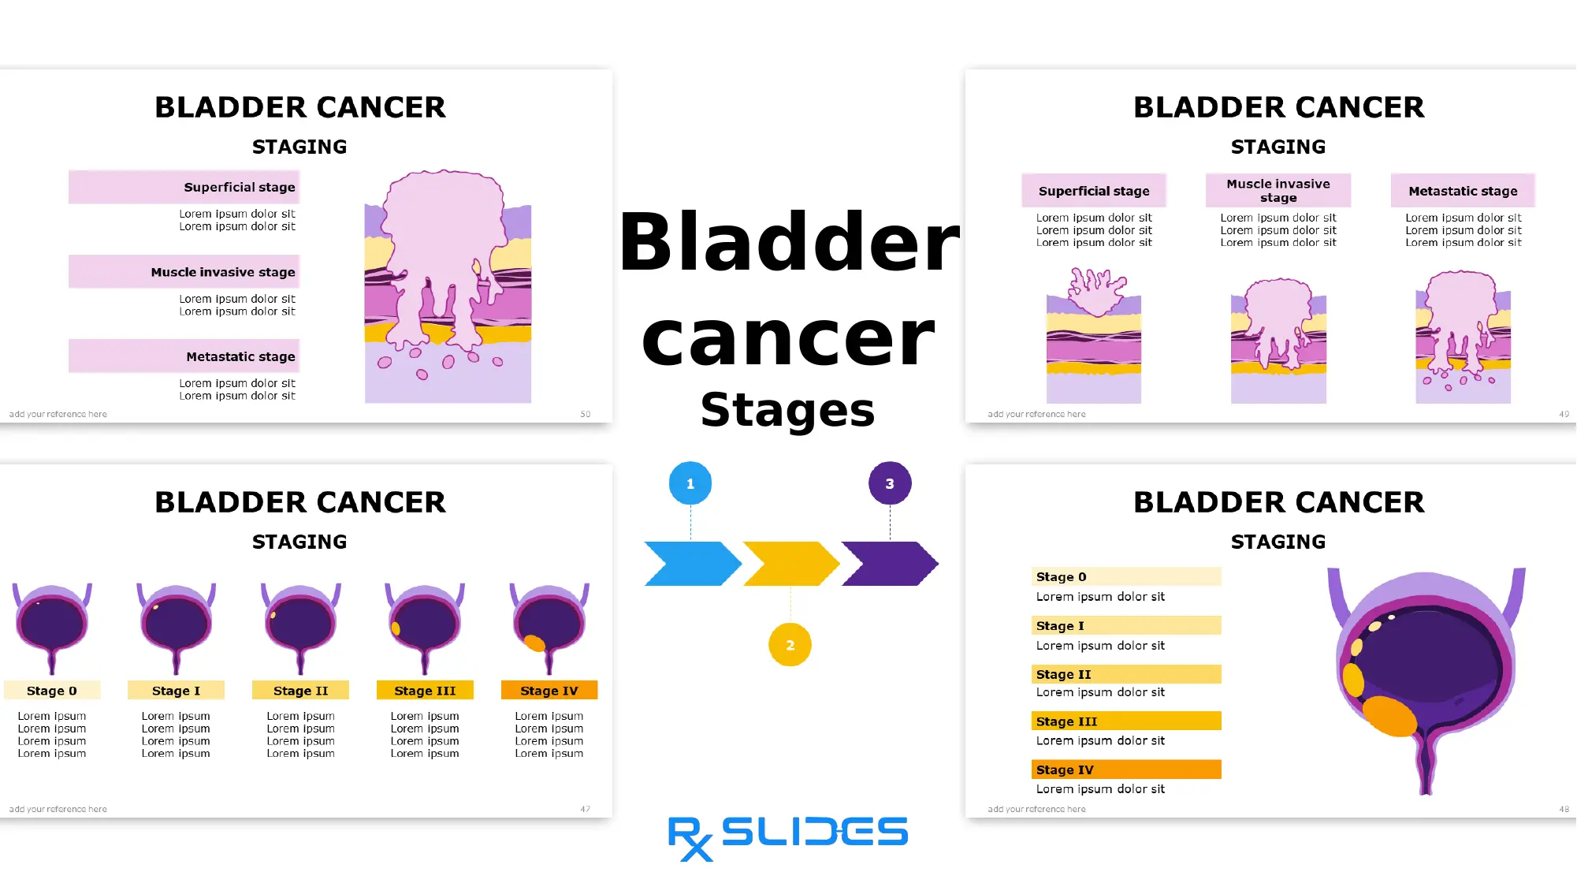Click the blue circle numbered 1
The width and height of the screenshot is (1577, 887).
(690, 483)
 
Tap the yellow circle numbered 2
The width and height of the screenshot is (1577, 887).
(790, 645)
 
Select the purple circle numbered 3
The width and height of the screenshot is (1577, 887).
(890, 483)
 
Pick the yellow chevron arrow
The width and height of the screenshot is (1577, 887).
(790, 564)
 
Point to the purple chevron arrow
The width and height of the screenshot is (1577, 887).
(890, 564)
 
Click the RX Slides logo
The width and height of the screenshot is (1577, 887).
(788, 837)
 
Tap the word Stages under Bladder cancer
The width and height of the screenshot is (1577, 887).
(787, 410)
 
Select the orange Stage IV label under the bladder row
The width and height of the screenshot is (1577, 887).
(549, 691)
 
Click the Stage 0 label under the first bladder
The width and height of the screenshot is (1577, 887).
(52, 691)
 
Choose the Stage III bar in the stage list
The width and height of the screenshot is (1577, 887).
(1126, 721)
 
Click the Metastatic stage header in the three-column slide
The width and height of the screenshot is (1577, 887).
(1463, 191)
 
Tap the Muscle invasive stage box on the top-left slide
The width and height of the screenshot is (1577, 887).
(184, 272)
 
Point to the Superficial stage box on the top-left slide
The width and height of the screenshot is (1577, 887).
(184, 188)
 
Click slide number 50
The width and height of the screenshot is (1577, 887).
(586, 414)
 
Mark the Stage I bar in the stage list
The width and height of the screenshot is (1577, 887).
(1126, 626)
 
